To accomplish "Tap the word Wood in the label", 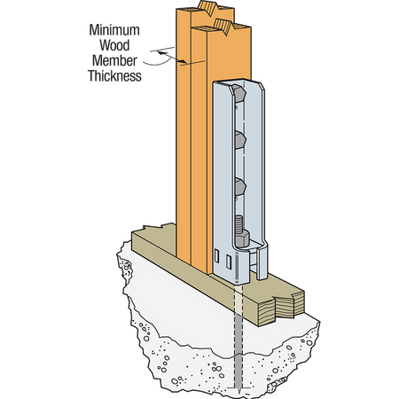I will tap(116, 45).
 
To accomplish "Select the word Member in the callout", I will tap(116, 60).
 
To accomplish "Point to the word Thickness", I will tap(114, 76).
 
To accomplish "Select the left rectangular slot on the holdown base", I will tap(216, 258).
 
